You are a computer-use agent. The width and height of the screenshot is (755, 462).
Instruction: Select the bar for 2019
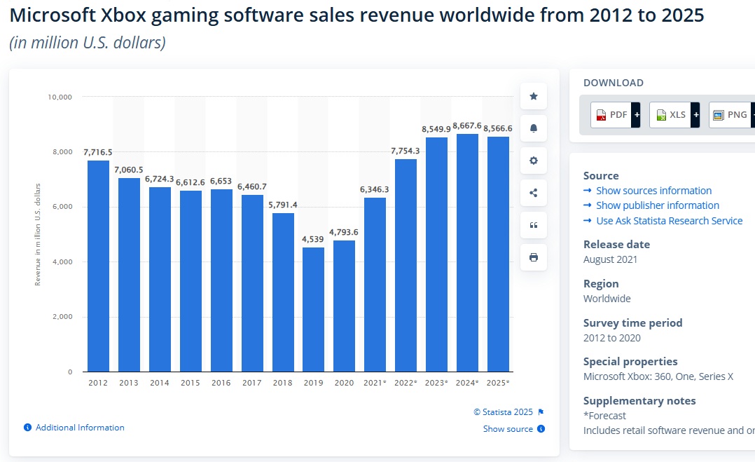click(313, 309)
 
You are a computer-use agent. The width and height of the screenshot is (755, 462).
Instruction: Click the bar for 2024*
click(467, 252)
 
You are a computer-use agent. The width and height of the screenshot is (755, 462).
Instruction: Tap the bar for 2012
click(98, 266)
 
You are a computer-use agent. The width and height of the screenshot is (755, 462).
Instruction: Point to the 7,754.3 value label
click(406, 151)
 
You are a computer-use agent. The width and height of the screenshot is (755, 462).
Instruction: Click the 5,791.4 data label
click(282, 205)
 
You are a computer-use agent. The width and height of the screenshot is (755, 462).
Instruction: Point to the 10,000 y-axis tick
click(60, 97)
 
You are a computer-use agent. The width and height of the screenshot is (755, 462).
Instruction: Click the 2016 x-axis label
click(221, 383)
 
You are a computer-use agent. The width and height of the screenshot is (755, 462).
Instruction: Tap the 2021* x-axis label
click(375, 383)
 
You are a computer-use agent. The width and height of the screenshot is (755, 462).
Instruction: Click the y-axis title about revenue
click(38, 233)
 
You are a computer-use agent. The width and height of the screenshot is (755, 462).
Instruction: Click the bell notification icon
click(534, 128)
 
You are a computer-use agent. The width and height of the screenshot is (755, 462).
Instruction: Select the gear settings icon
click(534, 161)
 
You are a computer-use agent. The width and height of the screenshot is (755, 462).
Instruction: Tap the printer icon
click(534, 257)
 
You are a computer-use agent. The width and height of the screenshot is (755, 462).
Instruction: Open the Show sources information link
click(653, 191)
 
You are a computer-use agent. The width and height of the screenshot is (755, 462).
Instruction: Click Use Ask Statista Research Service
click(669, 221)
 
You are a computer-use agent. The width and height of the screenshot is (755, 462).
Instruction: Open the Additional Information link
click(80, 428)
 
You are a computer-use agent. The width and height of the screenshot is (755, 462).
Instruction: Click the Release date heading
click(616, 245)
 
